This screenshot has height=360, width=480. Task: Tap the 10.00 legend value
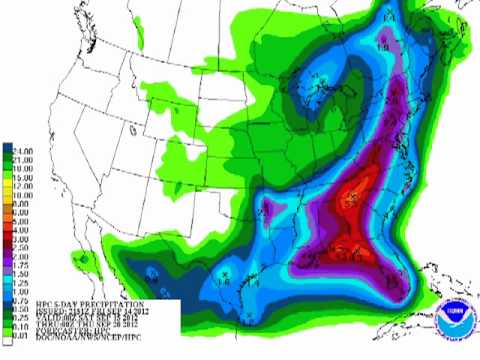coord(21,187)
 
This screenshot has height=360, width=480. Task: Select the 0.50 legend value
coord(21,296)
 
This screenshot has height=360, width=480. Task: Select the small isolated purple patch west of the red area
coord(269,210)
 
